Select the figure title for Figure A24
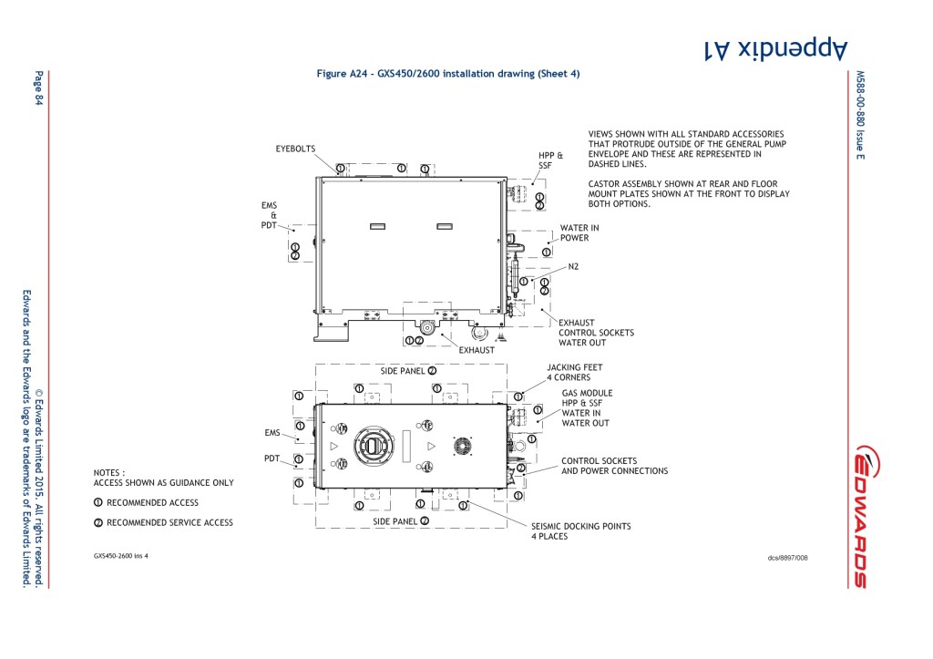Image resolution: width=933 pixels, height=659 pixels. click(447, 73)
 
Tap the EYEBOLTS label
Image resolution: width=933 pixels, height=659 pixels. click(296, 148)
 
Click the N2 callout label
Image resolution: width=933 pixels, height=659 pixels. click(574, 267)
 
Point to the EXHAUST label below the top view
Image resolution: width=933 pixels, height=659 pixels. click(477, 350)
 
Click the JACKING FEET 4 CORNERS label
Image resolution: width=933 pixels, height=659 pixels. click(574, 372)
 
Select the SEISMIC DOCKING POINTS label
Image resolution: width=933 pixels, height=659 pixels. click(580, 530)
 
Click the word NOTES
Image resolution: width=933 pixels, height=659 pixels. click(109, 473)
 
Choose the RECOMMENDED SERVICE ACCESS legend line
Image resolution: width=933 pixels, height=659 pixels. click(169, 522)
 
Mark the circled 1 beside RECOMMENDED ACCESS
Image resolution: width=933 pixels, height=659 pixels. click(97, 502)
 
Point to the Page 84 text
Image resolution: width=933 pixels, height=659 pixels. click(39, 88)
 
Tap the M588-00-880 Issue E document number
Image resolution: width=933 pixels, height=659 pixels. click(859, 114)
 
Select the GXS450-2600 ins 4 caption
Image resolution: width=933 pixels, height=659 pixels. click(120, 555)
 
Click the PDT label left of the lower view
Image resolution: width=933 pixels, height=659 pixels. click(272, 458)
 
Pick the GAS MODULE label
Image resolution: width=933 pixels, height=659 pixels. click(587, 393)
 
